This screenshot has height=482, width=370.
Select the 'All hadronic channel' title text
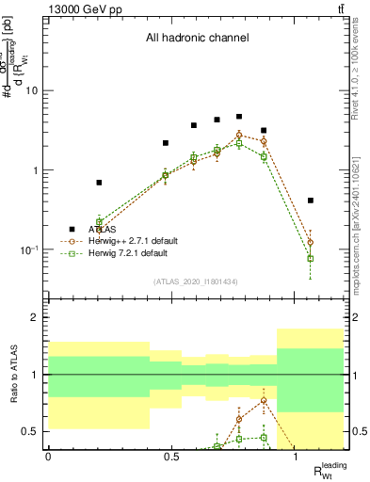197,39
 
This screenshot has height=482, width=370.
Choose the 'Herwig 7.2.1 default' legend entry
128,253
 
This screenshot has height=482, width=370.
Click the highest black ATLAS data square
239,117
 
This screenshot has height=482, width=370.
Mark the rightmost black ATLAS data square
311,201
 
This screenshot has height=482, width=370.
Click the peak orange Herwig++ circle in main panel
239,136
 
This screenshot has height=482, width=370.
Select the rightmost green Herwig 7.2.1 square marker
311,258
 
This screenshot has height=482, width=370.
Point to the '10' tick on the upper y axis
31,91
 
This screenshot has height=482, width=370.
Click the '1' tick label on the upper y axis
35,170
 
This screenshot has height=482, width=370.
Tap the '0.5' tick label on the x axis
171,457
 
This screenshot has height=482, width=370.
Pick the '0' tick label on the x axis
48,457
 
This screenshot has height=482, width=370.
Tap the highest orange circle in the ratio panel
264,400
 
